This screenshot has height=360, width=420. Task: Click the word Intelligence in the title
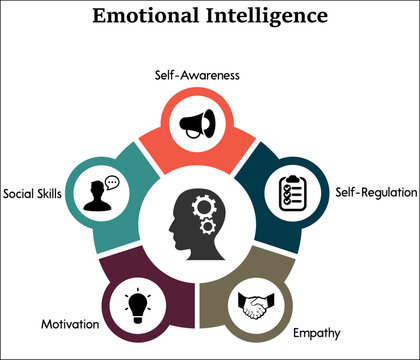click(268, 17)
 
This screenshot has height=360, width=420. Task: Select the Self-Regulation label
click(371, 191)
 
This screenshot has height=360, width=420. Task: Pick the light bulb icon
click(137, 303)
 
